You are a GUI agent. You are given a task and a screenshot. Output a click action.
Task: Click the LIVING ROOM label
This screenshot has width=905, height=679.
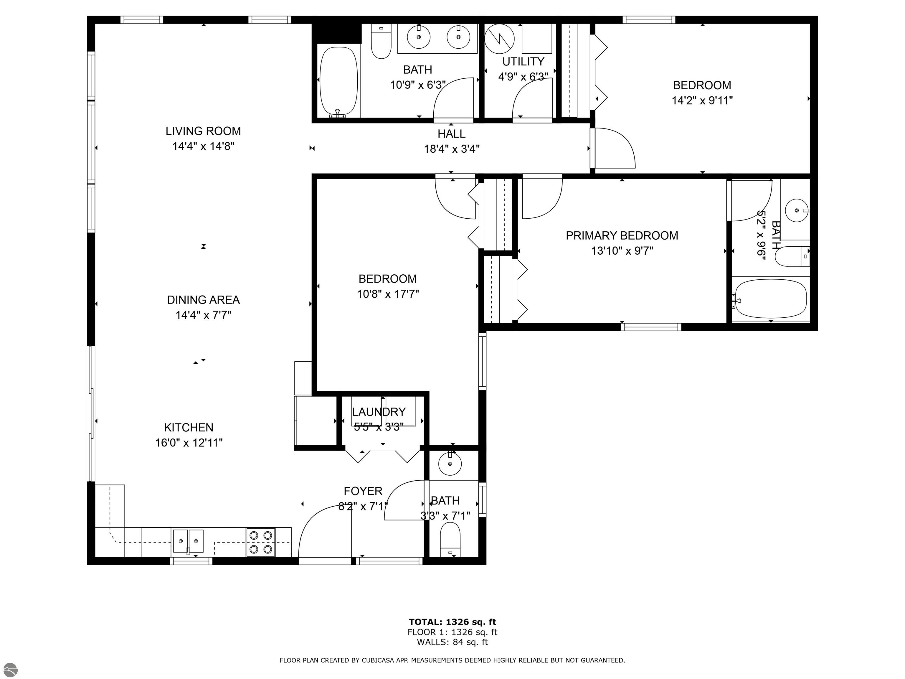[203, 131]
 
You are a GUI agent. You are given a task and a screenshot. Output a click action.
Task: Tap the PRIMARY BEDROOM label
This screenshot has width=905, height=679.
[622, 235]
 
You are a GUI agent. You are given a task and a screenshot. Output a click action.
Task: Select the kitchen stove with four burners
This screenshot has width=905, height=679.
[261, 542]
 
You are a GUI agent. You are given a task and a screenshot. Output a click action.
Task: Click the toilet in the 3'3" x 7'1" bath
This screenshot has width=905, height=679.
[450, 539]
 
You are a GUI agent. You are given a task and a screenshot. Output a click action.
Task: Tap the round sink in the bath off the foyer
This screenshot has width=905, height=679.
[450, 464]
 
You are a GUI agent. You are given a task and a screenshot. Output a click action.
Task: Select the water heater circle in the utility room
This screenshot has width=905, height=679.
[499, 39]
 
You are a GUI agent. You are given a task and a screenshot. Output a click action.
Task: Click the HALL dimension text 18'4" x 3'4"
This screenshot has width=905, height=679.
[452, 149]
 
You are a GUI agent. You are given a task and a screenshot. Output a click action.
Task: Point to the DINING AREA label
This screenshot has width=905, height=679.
[203, 300]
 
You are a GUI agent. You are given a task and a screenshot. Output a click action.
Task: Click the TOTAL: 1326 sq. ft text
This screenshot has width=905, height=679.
[452, 622]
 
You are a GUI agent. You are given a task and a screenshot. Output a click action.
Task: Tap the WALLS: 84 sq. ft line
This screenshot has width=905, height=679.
[452, 642]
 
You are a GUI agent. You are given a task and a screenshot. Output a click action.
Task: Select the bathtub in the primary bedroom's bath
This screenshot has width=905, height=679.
[771, 299]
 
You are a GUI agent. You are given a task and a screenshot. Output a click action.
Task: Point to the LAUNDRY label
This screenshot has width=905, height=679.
[379, 412]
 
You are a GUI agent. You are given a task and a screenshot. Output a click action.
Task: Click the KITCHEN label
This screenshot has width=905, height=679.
[189, 428]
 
